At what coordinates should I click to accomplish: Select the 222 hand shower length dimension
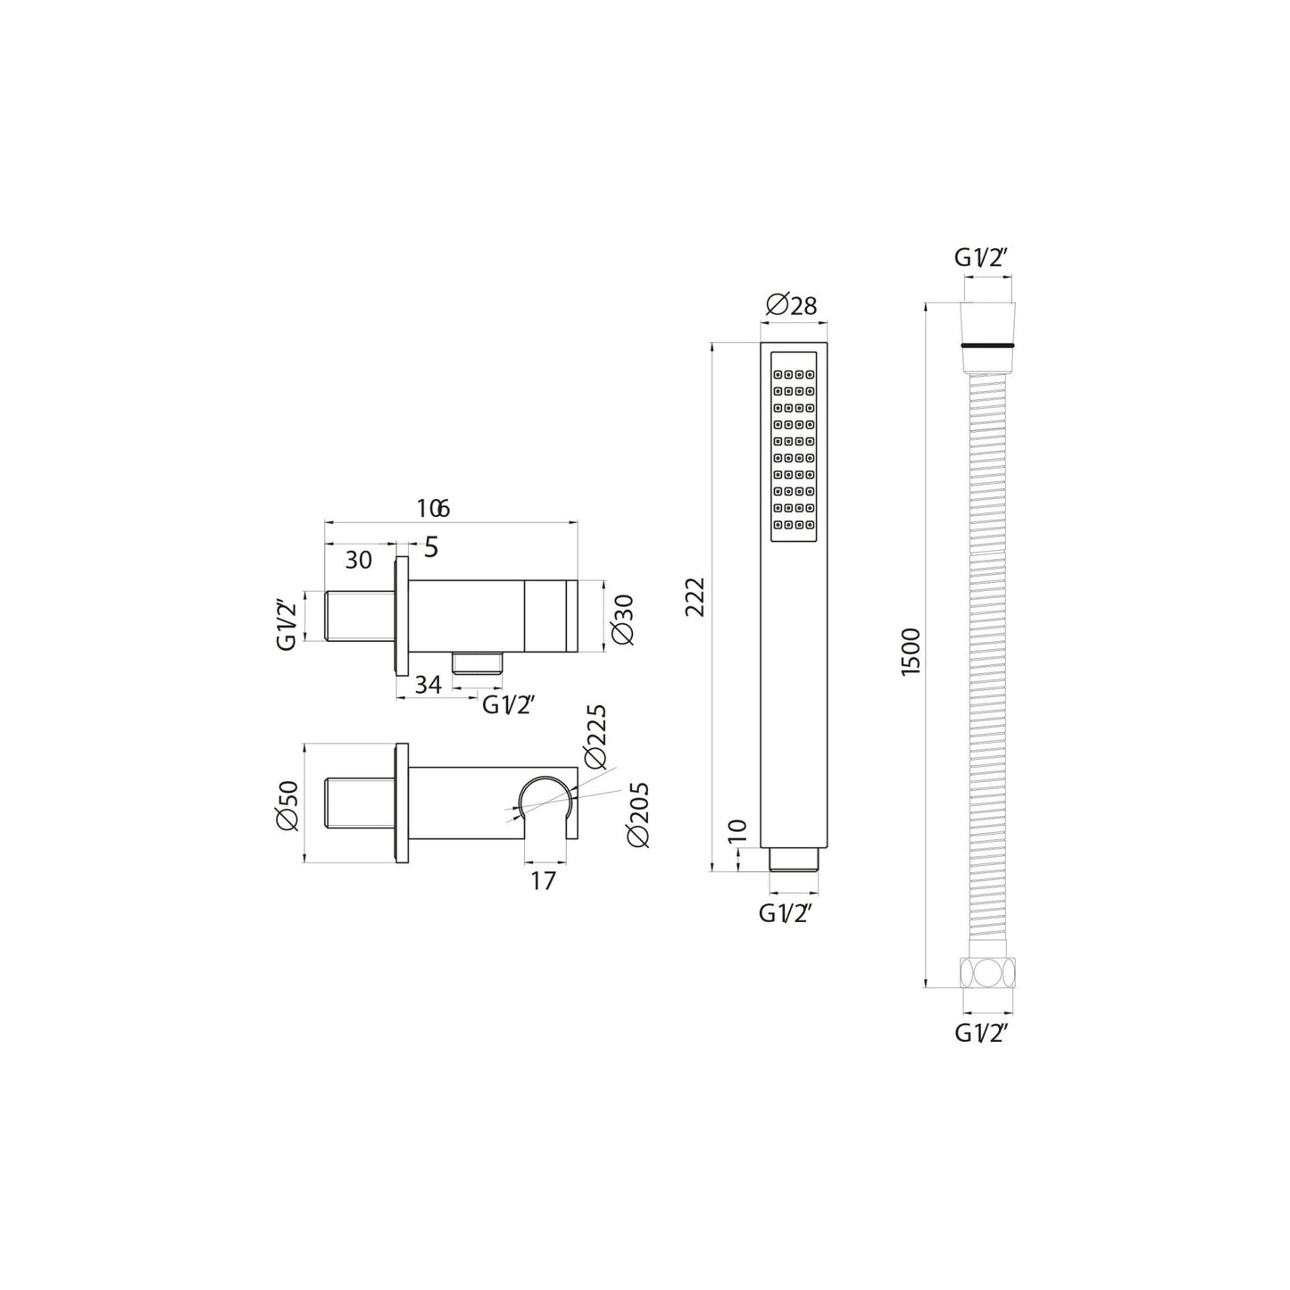pyautogui.click(x=695, y=596)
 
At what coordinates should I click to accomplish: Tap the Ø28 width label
pyautogui.click(x=791, y=305)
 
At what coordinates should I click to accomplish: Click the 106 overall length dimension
pyautogui.click(x=433, y=508)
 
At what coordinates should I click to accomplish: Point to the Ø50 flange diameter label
pyautogui.click(x=287, y=806)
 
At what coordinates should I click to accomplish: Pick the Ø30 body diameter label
pyautogui.click(x=623, y=619)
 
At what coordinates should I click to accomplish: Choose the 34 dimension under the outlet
pyautogui.click(x=429, y=685)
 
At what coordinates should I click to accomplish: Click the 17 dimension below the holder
pyautogui.click(x=543, y=880)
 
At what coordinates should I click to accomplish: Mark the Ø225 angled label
pyautogui.click(x=595, y=737)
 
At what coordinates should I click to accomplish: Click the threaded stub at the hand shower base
pyautogui.click(x=793, y=861)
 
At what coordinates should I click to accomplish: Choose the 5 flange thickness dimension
pyautogui.click(x=430, y=547)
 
